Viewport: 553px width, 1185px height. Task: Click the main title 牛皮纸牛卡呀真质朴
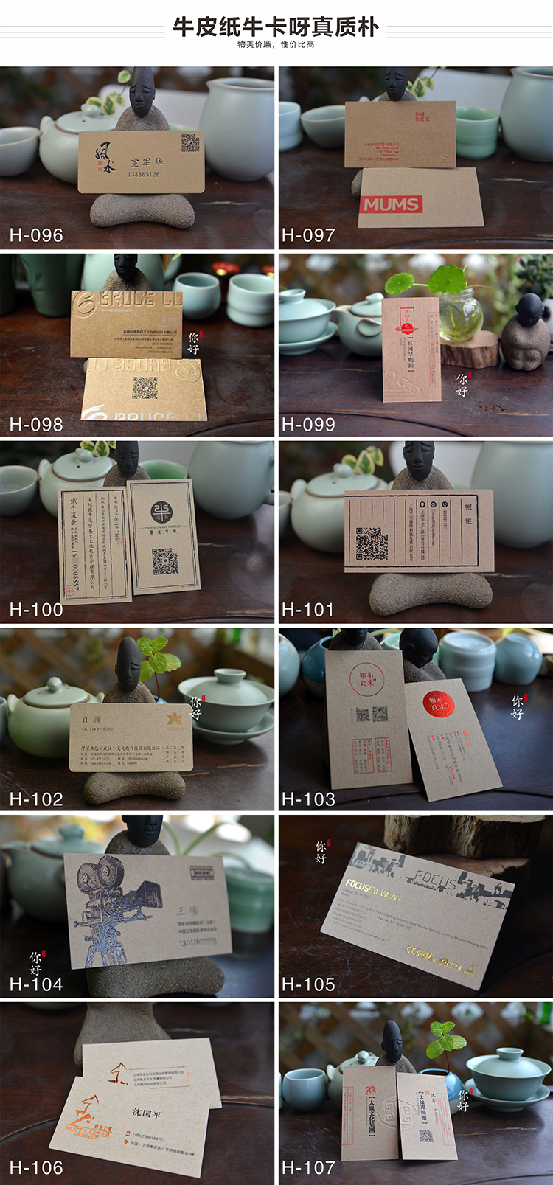[x=276, y=27]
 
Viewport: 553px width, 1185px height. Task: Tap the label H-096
[x=36, y=236]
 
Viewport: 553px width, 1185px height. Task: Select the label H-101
[x=308, y=610]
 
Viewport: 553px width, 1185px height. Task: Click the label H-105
[x=308, y=984]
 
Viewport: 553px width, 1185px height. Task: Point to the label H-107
[x=308, y=1167]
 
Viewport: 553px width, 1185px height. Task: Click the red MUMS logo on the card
[x=391, y=204]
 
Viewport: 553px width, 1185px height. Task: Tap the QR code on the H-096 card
[x=190, y=142]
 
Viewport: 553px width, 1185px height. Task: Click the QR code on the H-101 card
[x=372, y=543]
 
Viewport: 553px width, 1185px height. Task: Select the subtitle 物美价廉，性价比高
[x=276, y=44]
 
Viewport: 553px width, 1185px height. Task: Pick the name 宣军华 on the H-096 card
[x=147, y=161]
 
